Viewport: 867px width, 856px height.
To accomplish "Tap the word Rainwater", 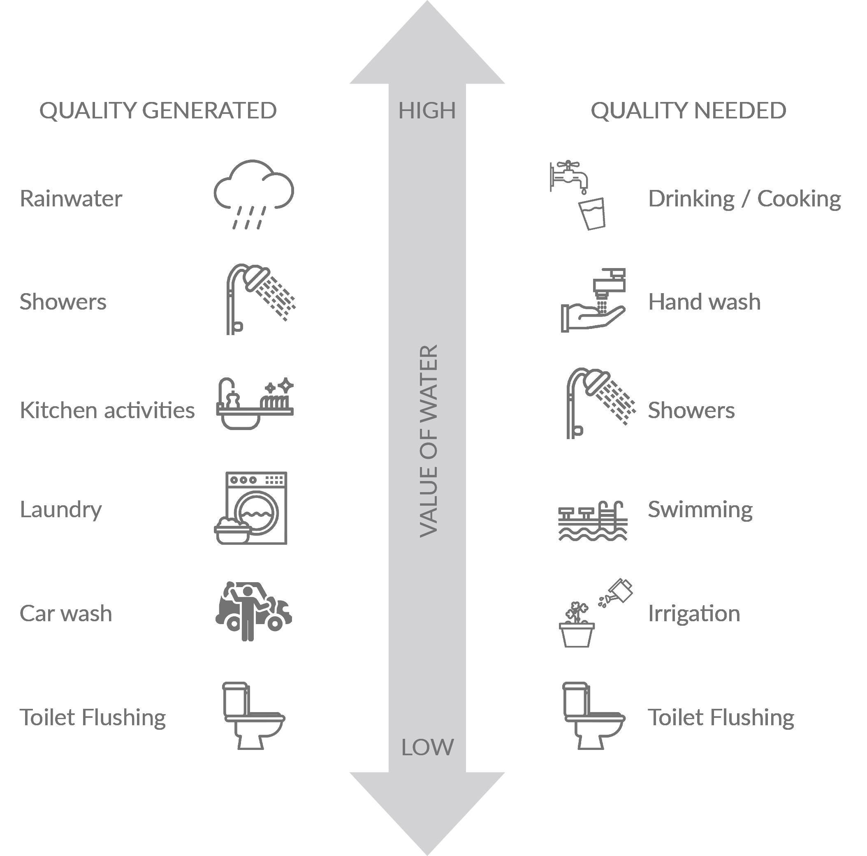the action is point(71,199).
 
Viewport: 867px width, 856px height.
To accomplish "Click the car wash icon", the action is point(253,611).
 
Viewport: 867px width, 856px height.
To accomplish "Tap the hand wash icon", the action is point(593,300).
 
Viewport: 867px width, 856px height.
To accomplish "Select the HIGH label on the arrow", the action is point(427,110).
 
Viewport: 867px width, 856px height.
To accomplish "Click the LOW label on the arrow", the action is point(427,747).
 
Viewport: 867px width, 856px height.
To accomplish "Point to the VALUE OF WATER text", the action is point(429,441).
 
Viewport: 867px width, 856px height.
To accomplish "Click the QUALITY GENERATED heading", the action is point(158,110).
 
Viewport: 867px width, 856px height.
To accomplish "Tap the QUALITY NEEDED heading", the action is point(688,110).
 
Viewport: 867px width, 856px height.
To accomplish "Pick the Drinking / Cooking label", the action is point(744,199).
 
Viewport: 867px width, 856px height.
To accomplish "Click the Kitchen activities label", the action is point(107,410).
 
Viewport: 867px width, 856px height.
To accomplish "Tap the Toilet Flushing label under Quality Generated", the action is point(93,717).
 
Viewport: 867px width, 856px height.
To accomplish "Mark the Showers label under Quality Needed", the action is point(691,410).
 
